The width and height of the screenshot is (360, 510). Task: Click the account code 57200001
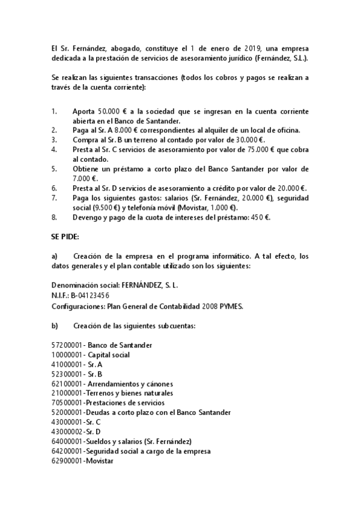(67, 345)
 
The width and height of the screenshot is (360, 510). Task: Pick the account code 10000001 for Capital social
(67, 355)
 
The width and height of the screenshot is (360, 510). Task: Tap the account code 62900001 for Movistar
(67, 461)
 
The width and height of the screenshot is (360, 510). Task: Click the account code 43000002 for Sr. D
(67, 432)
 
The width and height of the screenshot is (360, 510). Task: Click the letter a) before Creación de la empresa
(55, 256)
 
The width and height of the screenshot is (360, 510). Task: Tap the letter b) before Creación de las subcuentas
(55, 326)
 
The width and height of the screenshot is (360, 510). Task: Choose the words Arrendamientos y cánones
(130, 384)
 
